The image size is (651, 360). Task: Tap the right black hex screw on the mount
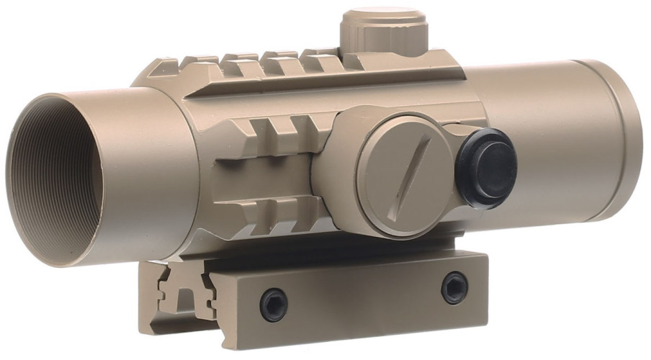tap(453, 287)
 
